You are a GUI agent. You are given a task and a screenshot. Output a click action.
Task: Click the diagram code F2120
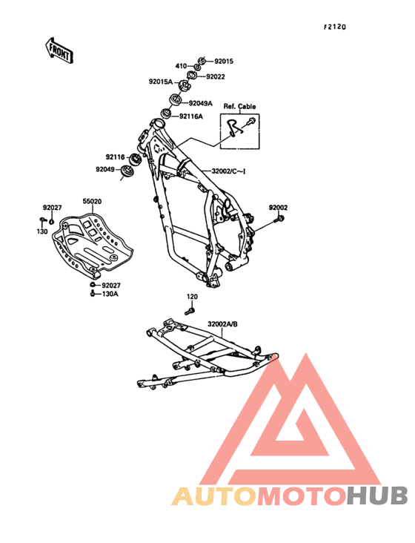pos(335,27)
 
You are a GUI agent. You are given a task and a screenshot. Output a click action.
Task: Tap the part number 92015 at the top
pos(224,62)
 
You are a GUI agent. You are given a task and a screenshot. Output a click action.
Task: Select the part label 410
pos(181,66)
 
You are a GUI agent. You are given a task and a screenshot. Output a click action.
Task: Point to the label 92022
pos(216,76)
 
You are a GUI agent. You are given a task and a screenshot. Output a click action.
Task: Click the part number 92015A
pos(161,82)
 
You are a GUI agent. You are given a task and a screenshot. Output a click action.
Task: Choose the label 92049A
pos(200,103)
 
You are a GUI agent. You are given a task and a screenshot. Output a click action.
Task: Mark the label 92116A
pos(191,116)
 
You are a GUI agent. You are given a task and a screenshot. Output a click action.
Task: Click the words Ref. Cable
pos(239,106)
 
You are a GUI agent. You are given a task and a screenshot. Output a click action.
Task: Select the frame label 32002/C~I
pos(228,171)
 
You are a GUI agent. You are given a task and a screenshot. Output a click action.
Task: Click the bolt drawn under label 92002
pos(280,219)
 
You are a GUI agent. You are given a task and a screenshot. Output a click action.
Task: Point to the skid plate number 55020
pos(92,201)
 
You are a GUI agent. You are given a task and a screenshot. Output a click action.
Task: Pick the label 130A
pos(110,294)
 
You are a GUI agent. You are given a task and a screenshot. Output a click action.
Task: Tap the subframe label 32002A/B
pos(222,324)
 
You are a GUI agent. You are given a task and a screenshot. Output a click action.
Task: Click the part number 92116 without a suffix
pos(115,157)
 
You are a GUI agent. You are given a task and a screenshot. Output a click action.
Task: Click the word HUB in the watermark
pos(378,496)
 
